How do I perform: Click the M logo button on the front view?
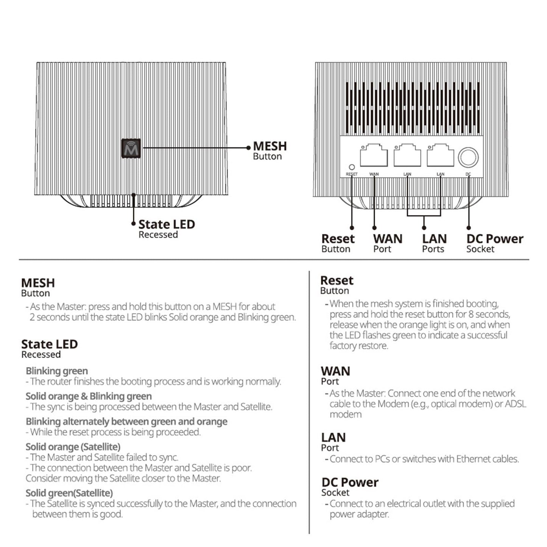click(131, 148)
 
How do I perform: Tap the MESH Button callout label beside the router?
click(270, 150)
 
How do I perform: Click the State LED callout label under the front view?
click(166, 228)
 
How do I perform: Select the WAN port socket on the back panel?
click(374, 156)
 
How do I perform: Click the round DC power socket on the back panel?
click(468, 157)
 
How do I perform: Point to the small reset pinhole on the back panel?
click(352, 167)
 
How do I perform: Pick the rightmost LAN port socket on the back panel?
click(440, 156)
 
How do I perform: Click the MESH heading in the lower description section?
click(38, 283)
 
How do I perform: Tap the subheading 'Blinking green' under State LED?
click(57, 371)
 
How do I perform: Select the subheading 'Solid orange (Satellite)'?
click(73, 447)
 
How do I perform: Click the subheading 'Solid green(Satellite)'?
click(69, 493)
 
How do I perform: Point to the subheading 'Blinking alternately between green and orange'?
click(126, 422)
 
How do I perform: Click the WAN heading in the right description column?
click(335, 371)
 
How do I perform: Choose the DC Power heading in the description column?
click(350, 483)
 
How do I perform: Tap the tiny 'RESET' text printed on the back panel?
click(352, 174)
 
